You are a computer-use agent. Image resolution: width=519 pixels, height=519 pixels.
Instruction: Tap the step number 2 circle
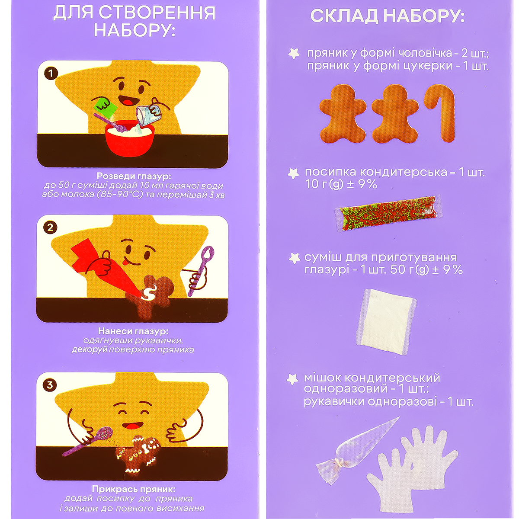point(50,228)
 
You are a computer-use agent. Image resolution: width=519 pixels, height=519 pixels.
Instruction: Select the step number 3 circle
point(50,385)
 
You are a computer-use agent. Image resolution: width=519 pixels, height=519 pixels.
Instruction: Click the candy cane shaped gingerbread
point(440,116)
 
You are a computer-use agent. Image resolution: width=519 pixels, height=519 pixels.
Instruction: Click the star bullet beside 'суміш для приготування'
point(295,258)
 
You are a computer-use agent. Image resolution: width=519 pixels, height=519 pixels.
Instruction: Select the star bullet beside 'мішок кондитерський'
point(292,379)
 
